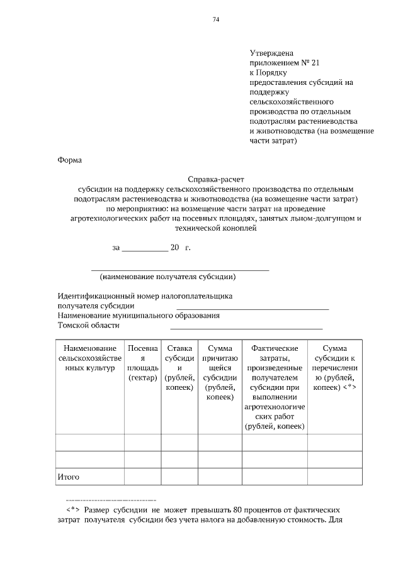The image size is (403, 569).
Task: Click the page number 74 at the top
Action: [215, 20]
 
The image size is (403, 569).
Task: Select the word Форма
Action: [69, 160]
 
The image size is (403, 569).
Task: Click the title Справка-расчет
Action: [215, 179]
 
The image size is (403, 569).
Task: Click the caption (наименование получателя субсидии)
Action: [167, 276]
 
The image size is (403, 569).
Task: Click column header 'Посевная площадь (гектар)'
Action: [142, 363]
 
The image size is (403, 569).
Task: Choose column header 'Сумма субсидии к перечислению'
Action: [334, 368]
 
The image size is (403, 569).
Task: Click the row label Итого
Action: [68, 477]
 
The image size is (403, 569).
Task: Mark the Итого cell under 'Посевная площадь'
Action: [142, 477]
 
